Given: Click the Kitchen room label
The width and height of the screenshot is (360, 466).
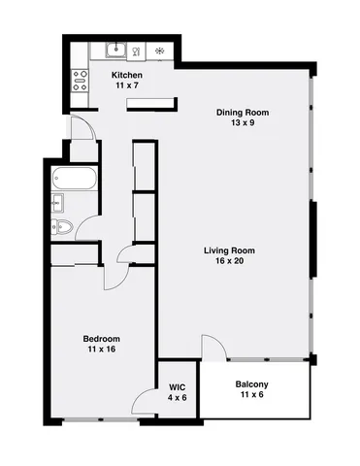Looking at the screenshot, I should point(128,75).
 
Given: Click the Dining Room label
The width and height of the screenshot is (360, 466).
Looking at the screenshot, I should point(243,113).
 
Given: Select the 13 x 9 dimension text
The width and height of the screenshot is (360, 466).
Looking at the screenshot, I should point(243,123).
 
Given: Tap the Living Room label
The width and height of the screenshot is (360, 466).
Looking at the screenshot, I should point(229,251).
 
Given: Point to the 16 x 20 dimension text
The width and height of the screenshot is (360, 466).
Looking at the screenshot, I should point(229,262).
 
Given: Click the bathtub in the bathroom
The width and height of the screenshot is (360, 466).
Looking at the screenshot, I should point(75,179).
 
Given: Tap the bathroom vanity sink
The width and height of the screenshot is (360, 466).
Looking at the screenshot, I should point(57,203).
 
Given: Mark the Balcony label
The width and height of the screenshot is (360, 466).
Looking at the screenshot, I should point(252,384).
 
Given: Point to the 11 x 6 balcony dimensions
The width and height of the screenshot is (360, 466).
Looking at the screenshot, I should point(252,395).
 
